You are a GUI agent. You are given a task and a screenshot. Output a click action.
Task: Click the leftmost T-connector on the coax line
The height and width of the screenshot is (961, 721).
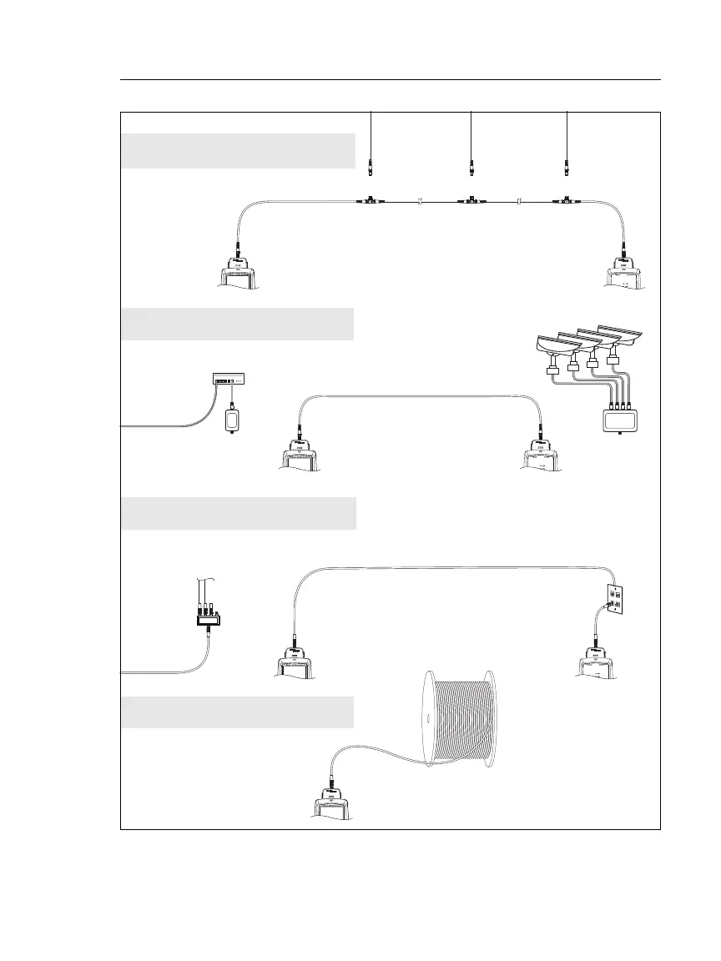[369, 201]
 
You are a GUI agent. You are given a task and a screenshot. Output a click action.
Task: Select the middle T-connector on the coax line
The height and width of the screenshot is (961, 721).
[471, 201]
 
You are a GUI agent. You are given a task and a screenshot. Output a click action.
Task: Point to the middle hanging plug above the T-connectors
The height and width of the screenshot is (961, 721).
[471, 166]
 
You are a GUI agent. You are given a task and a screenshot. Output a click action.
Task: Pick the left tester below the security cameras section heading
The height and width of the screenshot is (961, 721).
[300, 458]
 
